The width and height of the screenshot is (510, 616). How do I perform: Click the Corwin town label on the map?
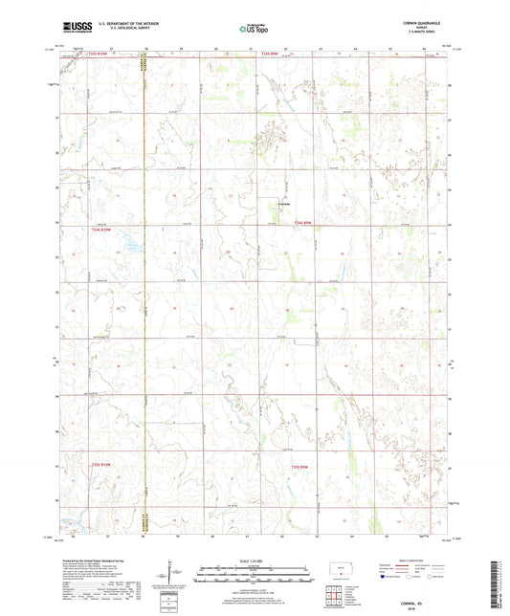point(283,202)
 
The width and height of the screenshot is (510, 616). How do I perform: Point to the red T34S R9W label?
point(303,223)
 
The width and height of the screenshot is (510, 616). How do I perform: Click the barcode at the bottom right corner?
point(498,585)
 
